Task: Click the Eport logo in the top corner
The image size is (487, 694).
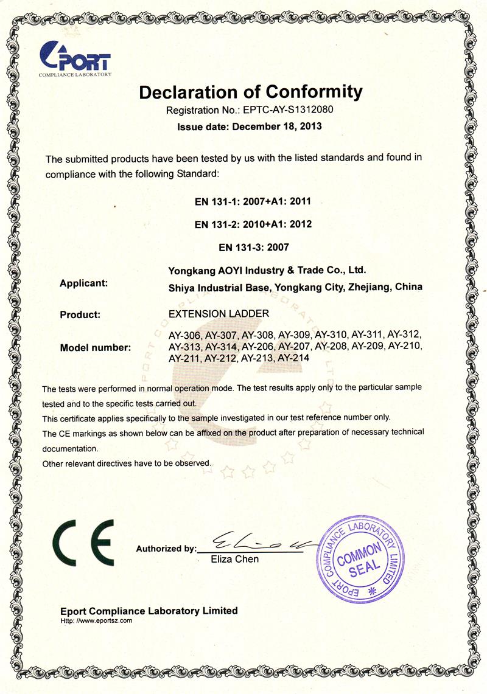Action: point(75,59)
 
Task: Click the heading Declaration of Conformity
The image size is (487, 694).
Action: point(250,92)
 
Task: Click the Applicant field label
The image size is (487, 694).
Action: point(84,283)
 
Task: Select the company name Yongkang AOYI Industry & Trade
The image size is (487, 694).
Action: point(267,269)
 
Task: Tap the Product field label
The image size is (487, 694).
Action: point(80,315)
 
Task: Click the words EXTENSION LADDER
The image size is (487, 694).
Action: point(218,314)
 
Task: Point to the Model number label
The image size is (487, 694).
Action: point(96,348)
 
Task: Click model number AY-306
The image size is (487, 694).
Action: point(184,335)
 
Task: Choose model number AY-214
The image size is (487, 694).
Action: point(293,358)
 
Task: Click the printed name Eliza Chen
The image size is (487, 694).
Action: point(234,559)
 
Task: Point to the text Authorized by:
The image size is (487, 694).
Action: point(166,549)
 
